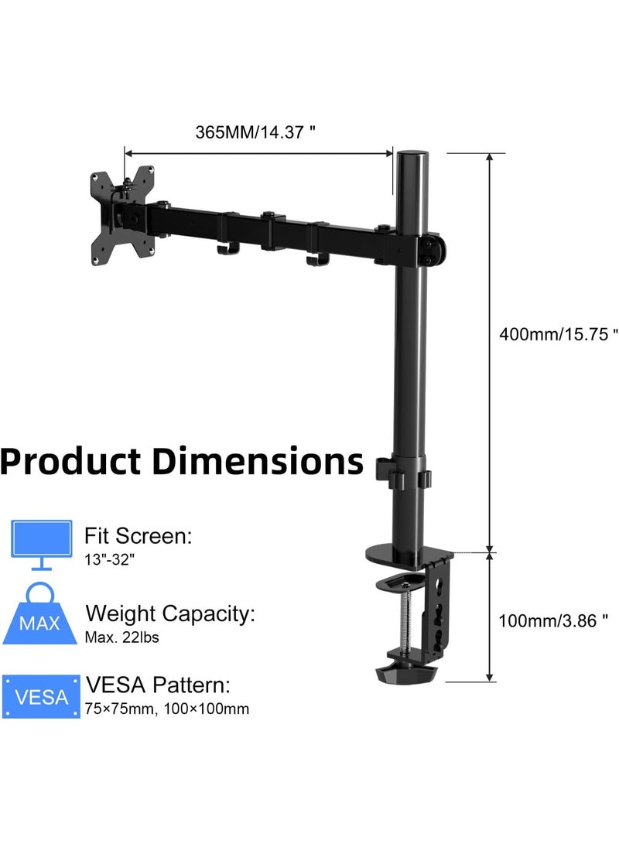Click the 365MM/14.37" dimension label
pos(255,132)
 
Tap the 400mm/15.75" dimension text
pos(558,334)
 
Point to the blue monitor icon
pos(42,545)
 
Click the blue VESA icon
pos(41,695)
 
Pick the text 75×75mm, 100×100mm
pos(167,709)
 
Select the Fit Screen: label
pos(139,535)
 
